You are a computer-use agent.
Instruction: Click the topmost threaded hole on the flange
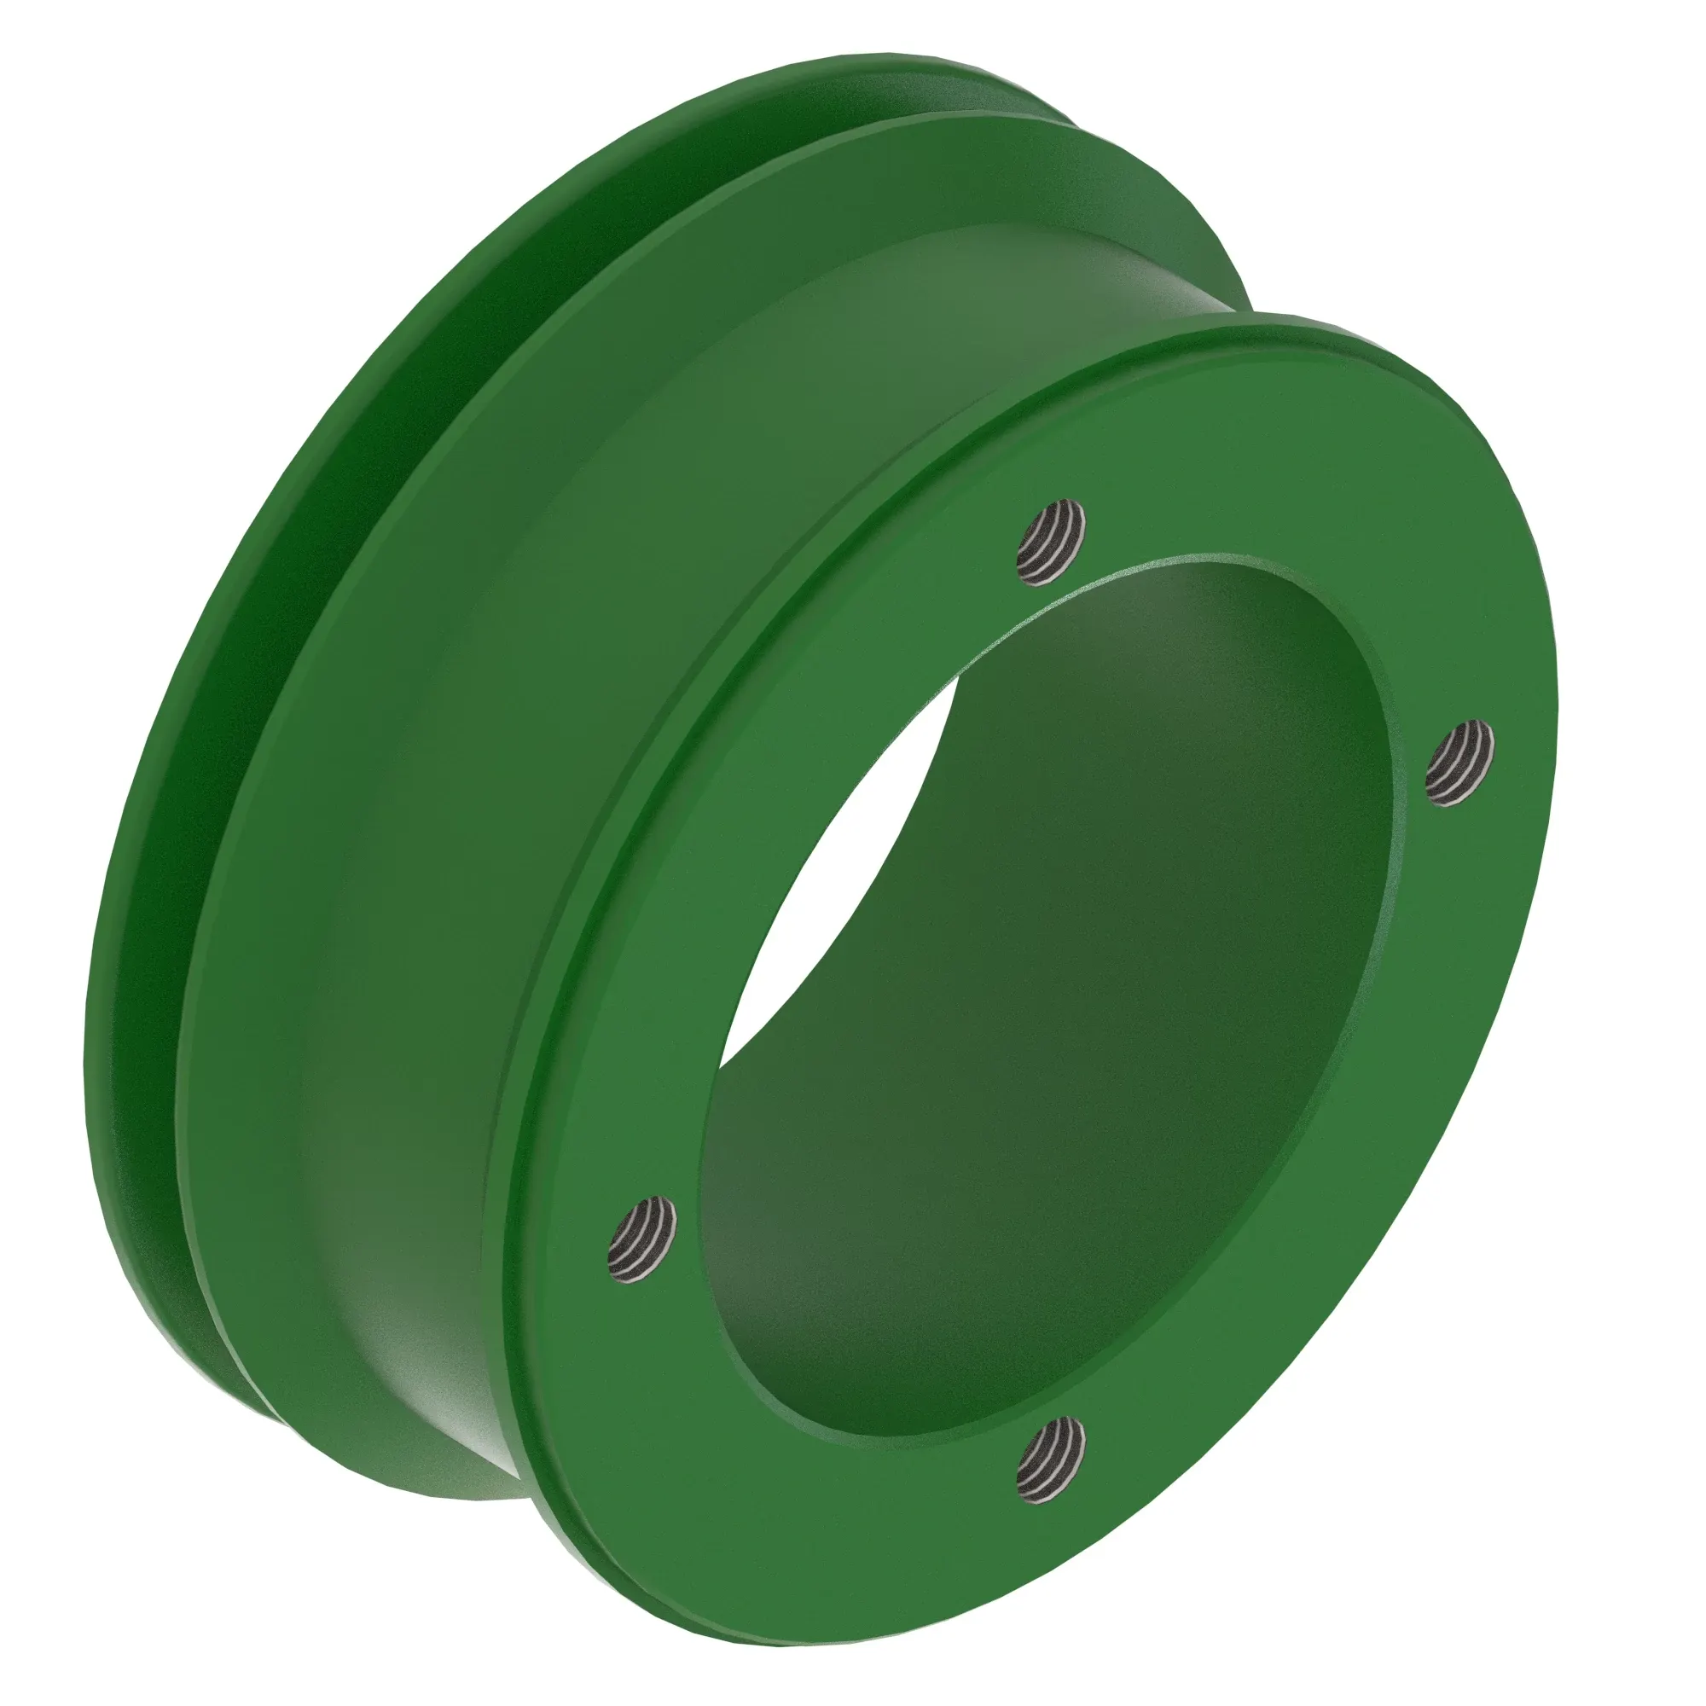1051,542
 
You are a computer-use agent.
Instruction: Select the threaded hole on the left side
643,1238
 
